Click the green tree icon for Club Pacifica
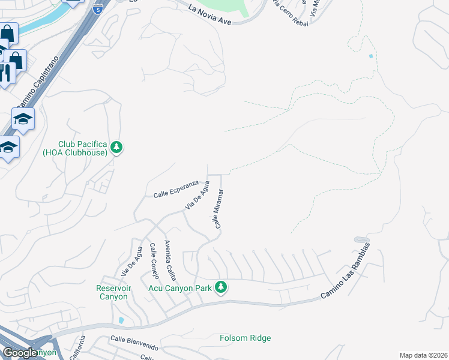116,147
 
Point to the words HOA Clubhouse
83,153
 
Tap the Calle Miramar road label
219,208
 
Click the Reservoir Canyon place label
112,292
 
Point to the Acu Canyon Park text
180,288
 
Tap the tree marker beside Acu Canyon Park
221,287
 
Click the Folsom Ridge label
246,338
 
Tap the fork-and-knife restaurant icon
5,73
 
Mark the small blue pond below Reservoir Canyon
122,320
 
